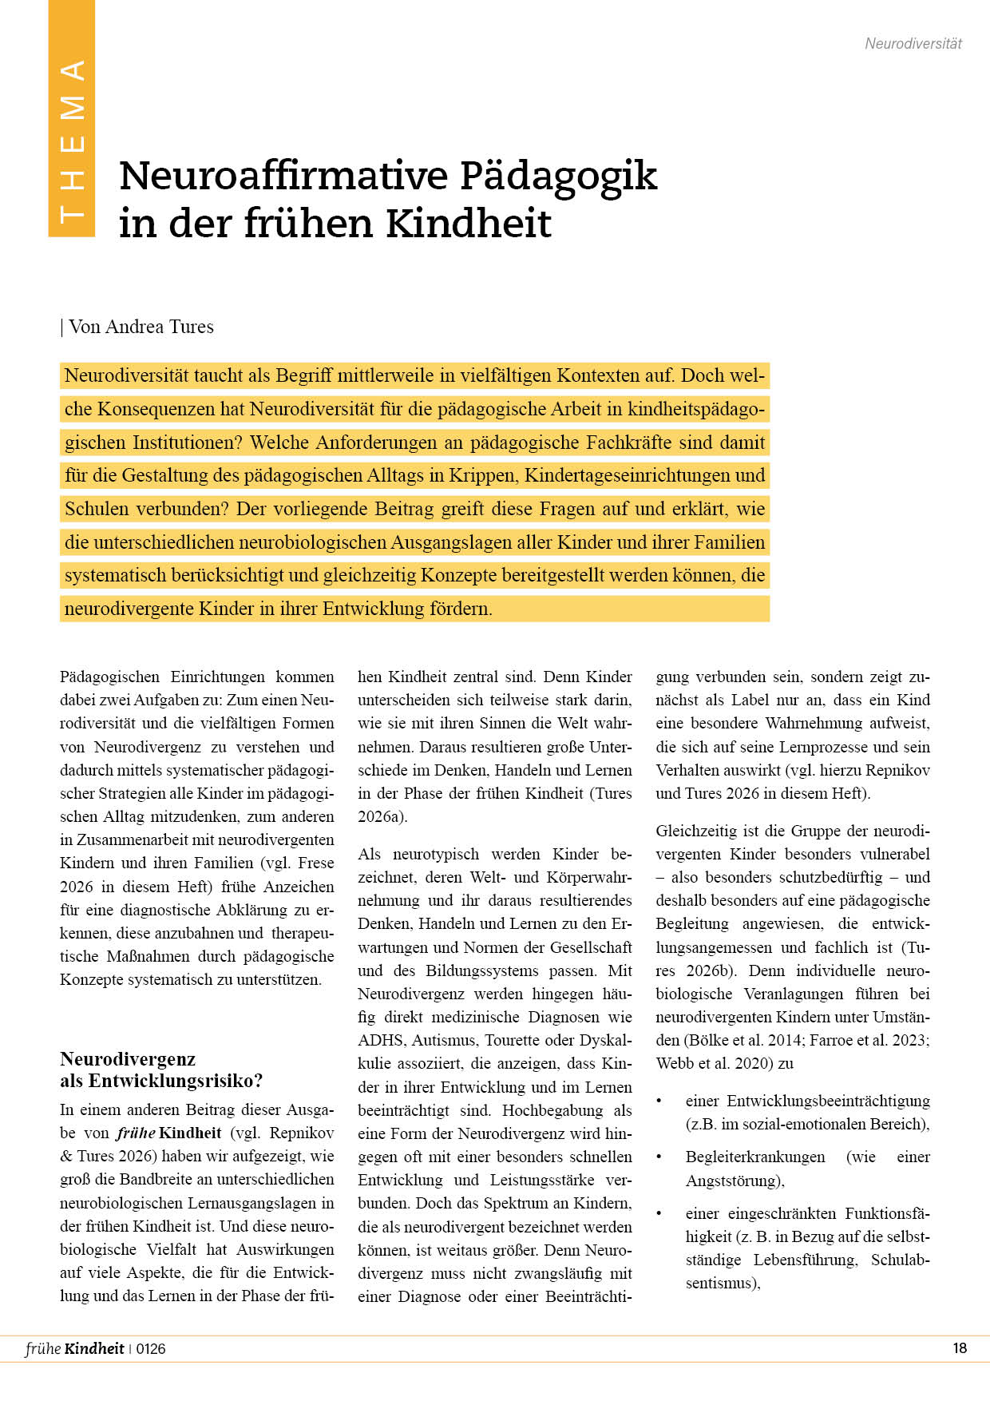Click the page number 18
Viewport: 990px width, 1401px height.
point(960,1348)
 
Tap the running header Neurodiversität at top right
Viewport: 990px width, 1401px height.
point(913,44)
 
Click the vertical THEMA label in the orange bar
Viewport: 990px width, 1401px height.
point(72,141)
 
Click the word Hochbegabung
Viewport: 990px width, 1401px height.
point(552,1110)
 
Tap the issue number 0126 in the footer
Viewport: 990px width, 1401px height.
point(151,1349)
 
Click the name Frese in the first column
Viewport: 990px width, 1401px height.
point(316,863)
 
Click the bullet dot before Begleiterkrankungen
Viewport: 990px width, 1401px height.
point(659,1157)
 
